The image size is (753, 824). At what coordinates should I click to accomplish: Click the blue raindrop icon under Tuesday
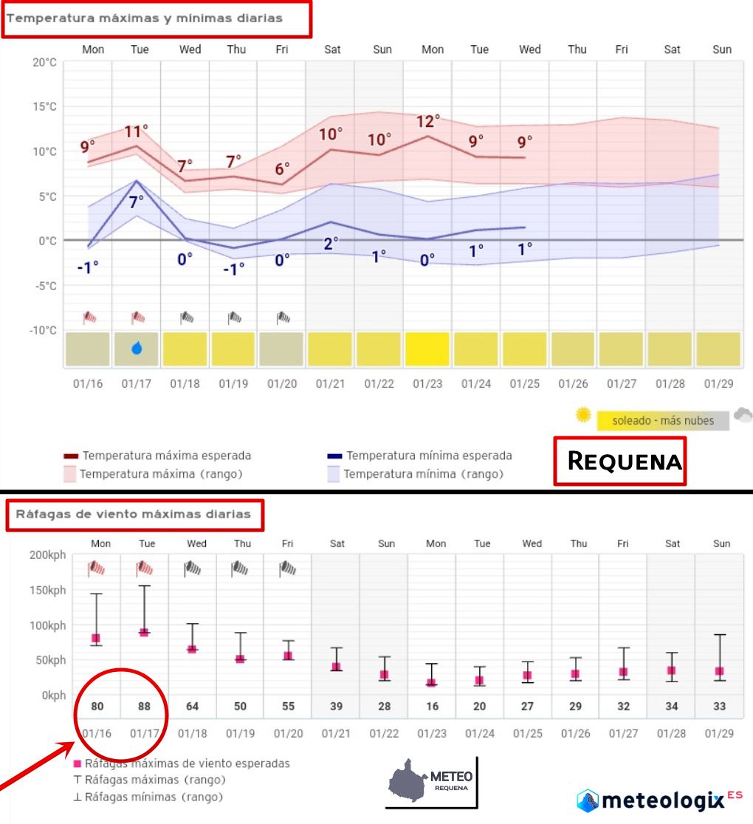(x=137, y=348)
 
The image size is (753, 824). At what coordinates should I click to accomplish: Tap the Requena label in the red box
(x=624, y=461)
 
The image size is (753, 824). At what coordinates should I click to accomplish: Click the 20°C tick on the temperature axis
(x=44, y=62)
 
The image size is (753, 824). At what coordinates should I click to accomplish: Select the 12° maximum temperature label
(x=428, y=121)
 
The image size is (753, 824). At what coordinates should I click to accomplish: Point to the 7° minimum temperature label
(x=137, y=201)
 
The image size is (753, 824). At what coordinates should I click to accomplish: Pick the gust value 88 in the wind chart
(x=144, y=707)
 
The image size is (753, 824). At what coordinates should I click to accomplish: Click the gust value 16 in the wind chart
(x=432, y=707)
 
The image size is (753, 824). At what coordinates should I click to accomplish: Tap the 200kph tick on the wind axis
(x=47, y=555)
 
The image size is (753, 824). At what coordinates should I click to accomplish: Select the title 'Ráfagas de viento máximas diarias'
(x=135, y=514)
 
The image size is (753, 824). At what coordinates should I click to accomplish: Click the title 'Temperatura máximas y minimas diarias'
(x=145, y=18)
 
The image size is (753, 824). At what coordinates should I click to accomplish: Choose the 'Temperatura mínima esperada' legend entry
(x=428, y=456)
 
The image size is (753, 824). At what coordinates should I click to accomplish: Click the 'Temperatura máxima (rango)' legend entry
(x=162, y=473)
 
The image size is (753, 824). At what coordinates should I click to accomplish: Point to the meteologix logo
(x=659, y=800)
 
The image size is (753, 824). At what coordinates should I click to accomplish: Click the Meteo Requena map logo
(x=433, y=781)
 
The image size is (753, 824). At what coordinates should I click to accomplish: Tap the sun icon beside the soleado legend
(x=584, y=415)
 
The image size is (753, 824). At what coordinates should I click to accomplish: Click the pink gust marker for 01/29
(x=719, y=671)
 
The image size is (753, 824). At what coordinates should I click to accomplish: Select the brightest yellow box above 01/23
(x=428, y=349)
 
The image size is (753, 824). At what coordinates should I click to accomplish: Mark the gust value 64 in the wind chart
(x=192, y=707)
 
